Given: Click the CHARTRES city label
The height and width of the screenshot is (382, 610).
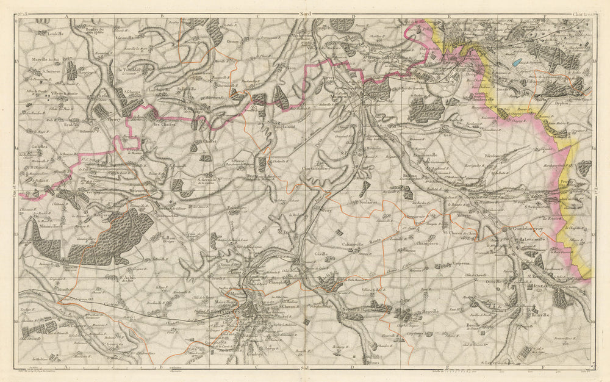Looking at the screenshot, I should [228, 311].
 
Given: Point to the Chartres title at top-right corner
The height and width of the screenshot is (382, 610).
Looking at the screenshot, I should [583, 12].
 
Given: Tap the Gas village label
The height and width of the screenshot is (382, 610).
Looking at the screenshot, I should [447, 135].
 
